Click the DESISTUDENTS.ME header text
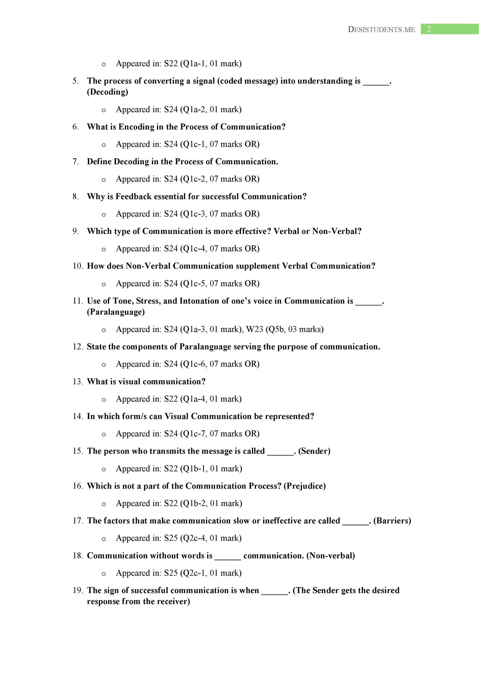coord(381,30)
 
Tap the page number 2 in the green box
coord(429,29)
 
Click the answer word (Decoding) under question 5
coord(108,92)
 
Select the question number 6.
coord(75,127)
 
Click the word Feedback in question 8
coord(133,196)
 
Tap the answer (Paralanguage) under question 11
coord(116,312)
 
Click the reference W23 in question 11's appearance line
coord(255,329)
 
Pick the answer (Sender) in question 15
coord(314,451)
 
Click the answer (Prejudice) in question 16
coord(305,486)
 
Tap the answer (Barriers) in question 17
coord(392,521)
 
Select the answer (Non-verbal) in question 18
coord(331,556)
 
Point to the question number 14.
coord(77,416)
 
